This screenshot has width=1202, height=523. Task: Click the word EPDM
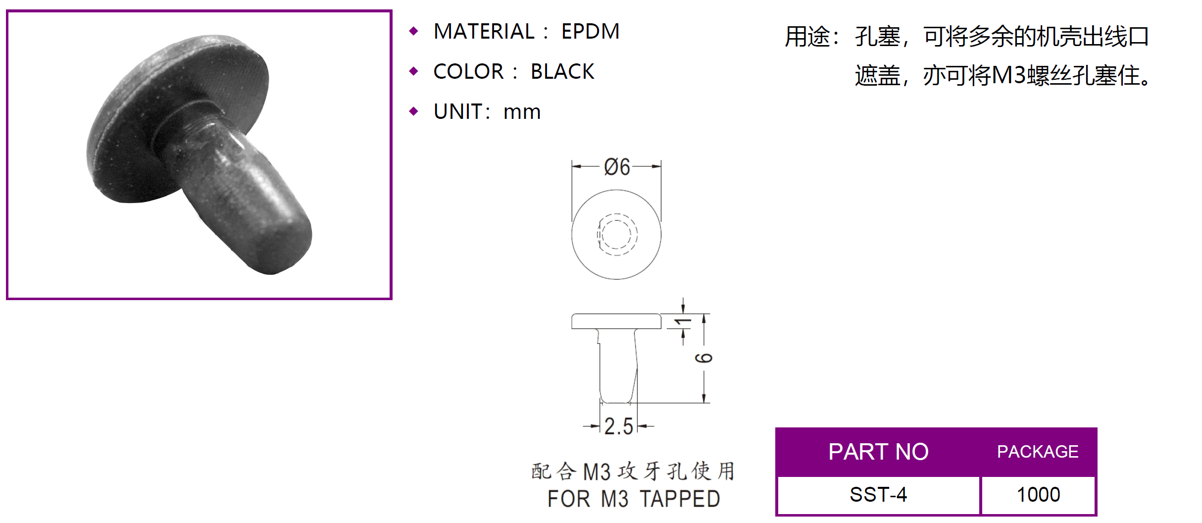[x=590, y=32]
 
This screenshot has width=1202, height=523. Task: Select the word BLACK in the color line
[x=562, y=72]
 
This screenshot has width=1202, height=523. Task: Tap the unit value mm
[x=522, y=112]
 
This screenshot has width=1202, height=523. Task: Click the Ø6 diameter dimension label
[x=617, y=167]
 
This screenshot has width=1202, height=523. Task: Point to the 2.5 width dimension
[x=618, y=426]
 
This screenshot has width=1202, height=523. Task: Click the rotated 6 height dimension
[x=704, y=358]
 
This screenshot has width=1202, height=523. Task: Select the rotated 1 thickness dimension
[x=684, y=322]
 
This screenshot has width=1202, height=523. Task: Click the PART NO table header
[x=878, y=452]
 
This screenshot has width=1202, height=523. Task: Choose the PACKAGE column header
[x=1038, y=452]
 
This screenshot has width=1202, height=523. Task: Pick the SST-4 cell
[x=878, y=495]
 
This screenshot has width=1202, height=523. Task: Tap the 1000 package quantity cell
[x=1038, y=495]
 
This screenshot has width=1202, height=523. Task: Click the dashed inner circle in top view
[x=617, y=234]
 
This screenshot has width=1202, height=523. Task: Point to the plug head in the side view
[x=616, y=321]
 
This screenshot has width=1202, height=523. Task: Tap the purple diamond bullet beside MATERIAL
[x=414, y=32]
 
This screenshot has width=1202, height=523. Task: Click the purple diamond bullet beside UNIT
[x=414, y=111]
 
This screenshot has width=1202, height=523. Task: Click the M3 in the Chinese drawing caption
[x=597, y=472]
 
